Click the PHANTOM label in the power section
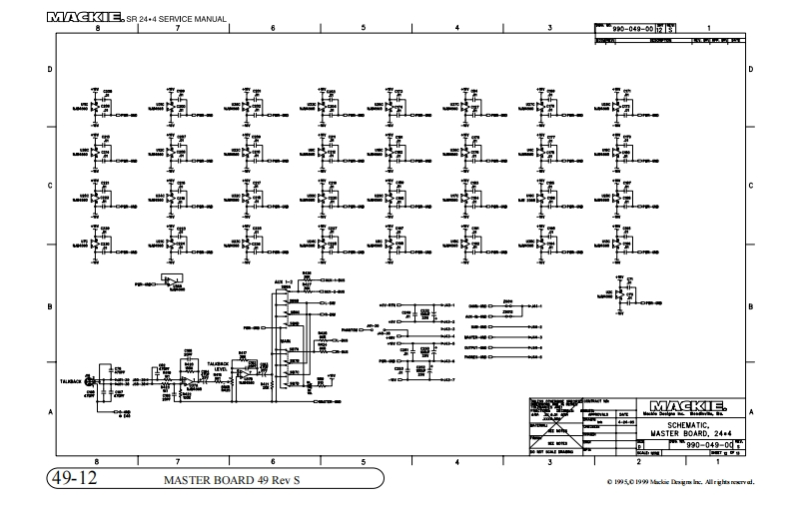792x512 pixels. [353, 328]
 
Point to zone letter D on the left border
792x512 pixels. [50, 70]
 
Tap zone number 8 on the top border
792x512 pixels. [97, 29]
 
